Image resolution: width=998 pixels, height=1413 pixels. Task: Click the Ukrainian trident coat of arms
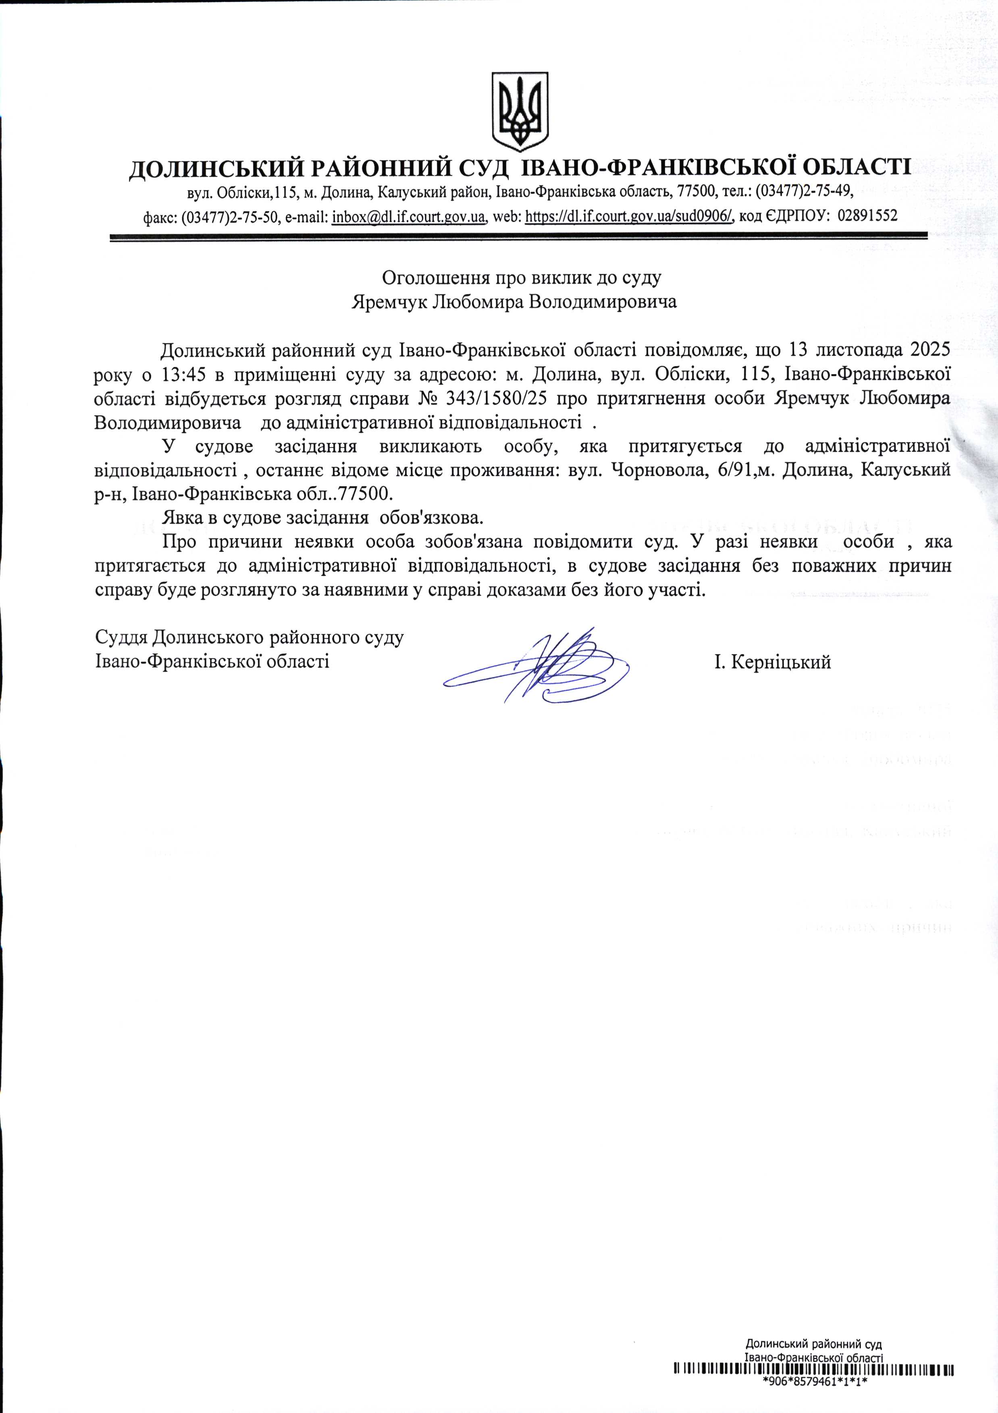tap(520, 112)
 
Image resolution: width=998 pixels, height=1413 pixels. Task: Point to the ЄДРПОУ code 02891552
tap(867, 216)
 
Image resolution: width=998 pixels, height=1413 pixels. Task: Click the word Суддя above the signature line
tap(121, 638)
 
